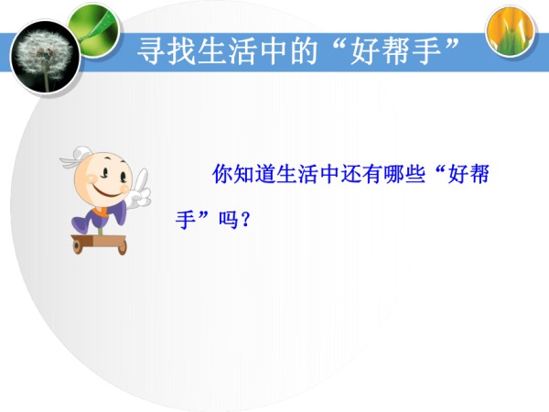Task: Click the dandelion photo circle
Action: click(46, 59)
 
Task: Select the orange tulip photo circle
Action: click(511, 31)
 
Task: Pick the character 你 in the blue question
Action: click(222, 174)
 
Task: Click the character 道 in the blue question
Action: click(265, 174)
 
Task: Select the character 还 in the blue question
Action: click(350, 174)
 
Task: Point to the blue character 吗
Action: click(229, 220)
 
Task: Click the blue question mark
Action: click(245, 220)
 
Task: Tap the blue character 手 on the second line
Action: click(186, 220)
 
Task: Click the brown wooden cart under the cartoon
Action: click(99, 244)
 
